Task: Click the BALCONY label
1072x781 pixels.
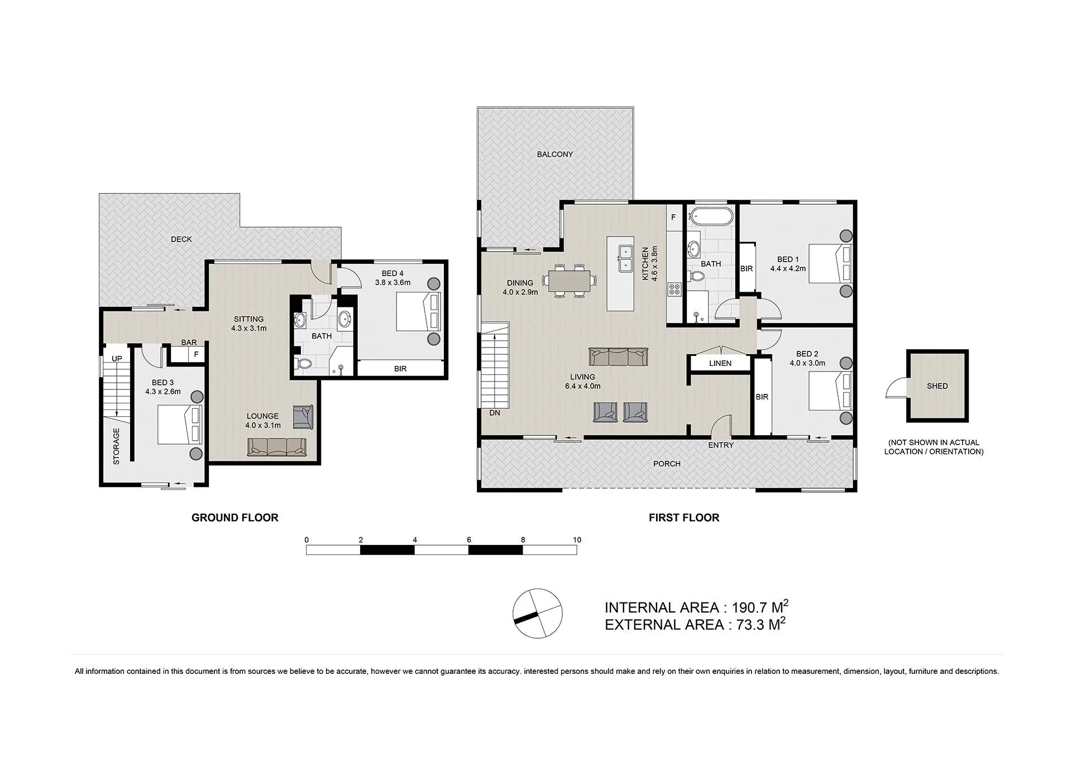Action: [554, 154]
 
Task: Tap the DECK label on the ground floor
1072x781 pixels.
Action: [181, 239]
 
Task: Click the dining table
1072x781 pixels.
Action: [569, 281]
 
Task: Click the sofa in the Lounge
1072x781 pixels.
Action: [277, 447]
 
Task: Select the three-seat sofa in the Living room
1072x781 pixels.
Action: [618, 356]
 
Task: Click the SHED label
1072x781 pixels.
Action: [937, 386]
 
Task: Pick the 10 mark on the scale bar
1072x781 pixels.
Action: [577, 540]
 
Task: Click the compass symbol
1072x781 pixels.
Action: [537, 614]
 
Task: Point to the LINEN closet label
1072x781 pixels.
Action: [720, 363]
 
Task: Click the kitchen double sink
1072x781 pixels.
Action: [625, 258]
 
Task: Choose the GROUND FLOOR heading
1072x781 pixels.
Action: [235, 518]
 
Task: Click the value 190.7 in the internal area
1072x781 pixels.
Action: [747, 608]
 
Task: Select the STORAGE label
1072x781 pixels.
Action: [116, 446]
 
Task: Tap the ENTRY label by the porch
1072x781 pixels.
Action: [721, 445]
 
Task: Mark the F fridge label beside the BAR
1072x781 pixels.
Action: [196, 354]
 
